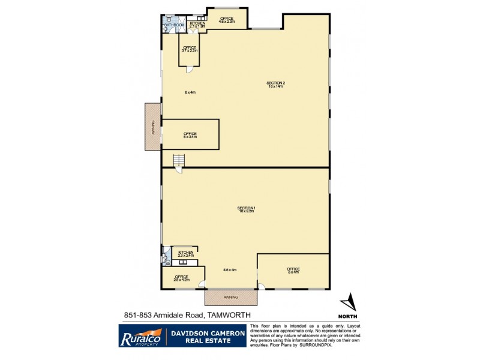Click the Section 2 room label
coord(275,85)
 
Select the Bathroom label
coord(175,25)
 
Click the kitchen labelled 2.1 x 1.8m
coord(197,25)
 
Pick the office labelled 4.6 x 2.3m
coord(226,20)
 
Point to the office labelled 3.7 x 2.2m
coord(190,49)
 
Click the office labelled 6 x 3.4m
coord(190,135)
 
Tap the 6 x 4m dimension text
coord(190,92)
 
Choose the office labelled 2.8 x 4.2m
coord(181,278)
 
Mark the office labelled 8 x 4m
coord(293,271)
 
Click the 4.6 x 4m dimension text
coord(230,270)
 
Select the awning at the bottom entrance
coord(231,297)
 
